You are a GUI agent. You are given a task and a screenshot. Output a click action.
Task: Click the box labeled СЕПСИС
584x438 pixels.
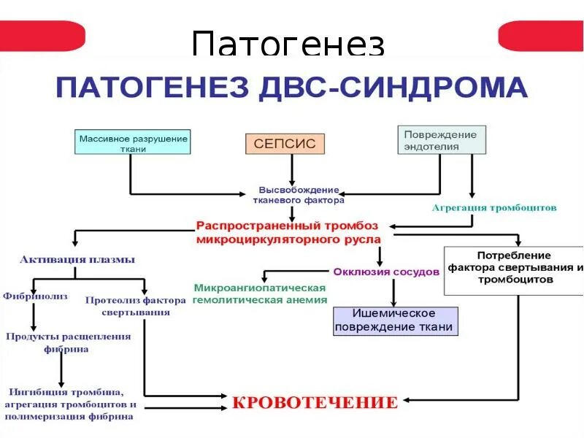285,143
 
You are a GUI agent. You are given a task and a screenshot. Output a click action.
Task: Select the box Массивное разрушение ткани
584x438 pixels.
134,142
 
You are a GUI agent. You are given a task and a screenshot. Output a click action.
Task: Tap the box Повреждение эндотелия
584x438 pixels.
441,140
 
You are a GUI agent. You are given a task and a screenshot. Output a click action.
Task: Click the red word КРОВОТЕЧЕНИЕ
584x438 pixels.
315,402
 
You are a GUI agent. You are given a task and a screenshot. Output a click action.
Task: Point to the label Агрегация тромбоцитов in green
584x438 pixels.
494,207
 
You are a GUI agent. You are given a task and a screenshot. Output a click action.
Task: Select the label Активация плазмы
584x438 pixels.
77,259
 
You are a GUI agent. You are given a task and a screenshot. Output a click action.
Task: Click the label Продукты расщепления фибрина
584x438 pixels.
69,342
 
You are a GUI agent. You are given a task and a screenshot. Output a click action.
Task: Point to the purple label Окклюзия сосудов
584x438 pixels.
386,272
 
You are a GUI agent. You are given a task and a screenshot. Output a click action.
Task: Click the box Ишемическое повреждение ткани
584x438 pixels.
396,320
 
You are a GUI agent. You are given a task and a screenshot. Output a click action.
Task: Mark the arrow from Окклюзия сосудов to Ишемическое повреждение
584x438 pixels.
394,292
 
